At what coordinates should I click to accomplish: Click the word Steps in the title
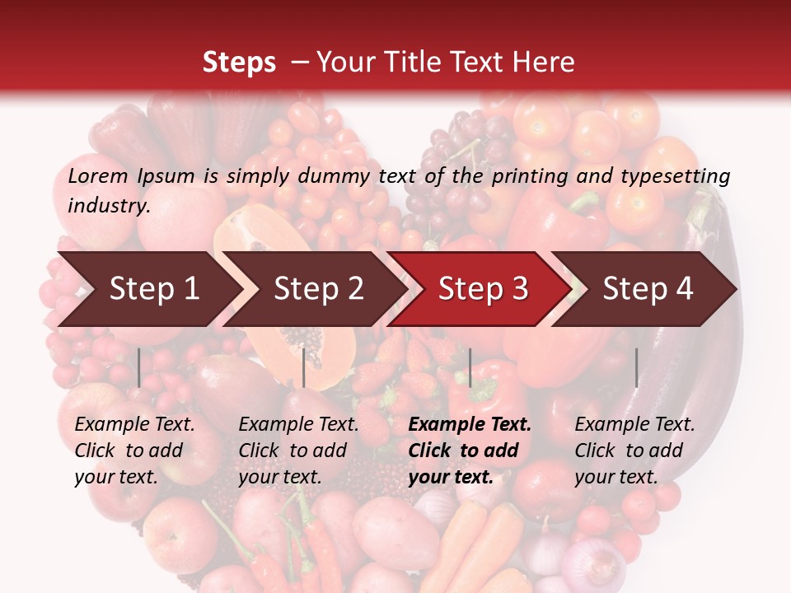point(239,62)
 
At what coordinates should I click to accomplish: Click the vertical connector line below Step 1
point(139,367)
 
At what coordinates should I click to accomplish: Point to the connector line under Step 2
point(304,367)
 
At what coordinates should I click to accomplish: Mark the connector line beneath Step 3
point(470,367)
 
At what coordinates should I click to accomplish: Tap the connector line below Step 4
point(636,367)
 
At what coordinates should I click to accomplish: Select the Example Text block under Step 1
point(134,450)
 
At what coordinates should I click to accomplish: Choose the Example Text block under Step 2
point(298,450)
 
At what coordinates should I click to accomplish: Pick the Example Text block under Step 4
point(634,450)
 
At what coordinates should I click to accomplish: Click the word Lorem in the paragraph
point(98,175)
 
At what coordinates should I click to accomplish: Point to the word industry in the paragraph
point(109,205)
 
